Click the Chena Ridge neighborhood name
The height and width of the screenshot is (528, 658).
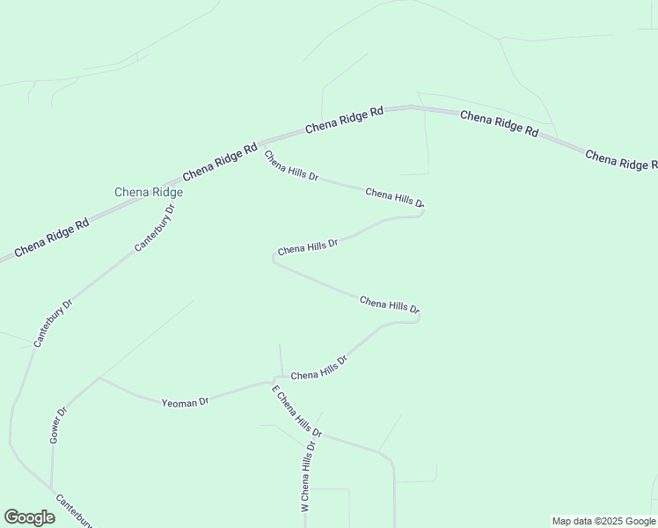[149, 192]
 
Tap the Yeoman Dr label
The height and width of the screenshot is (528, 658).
[185, 402]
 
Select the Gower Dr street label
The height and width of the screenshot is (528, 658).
[59, 424]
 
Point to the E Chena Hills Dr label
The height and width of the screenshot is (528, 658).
[297, 412]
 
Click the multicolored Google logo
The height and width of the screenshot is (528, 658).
[29, 517]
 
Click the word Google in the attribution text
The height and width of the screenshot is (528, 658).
[640, 521]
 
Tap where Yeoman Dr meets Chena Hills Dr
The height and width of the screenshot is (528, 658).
[274, 383]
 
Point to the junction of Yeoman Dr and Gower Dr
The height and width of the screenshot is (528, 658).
[99, 379]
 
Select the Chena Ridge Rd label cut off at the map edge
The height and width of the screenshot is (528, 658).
[621, 160]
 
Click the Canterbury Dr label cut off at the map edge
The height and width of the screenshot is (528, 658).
[74, 510]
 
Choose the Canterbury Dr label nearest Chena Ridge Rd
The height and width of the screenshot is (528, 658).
[155, 228]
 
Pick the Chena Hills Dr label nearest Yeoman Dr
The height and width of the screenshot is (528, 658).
[319, 368]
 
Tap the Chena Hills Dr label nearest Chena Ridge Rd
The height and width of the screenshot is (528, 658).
[290, 165]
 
